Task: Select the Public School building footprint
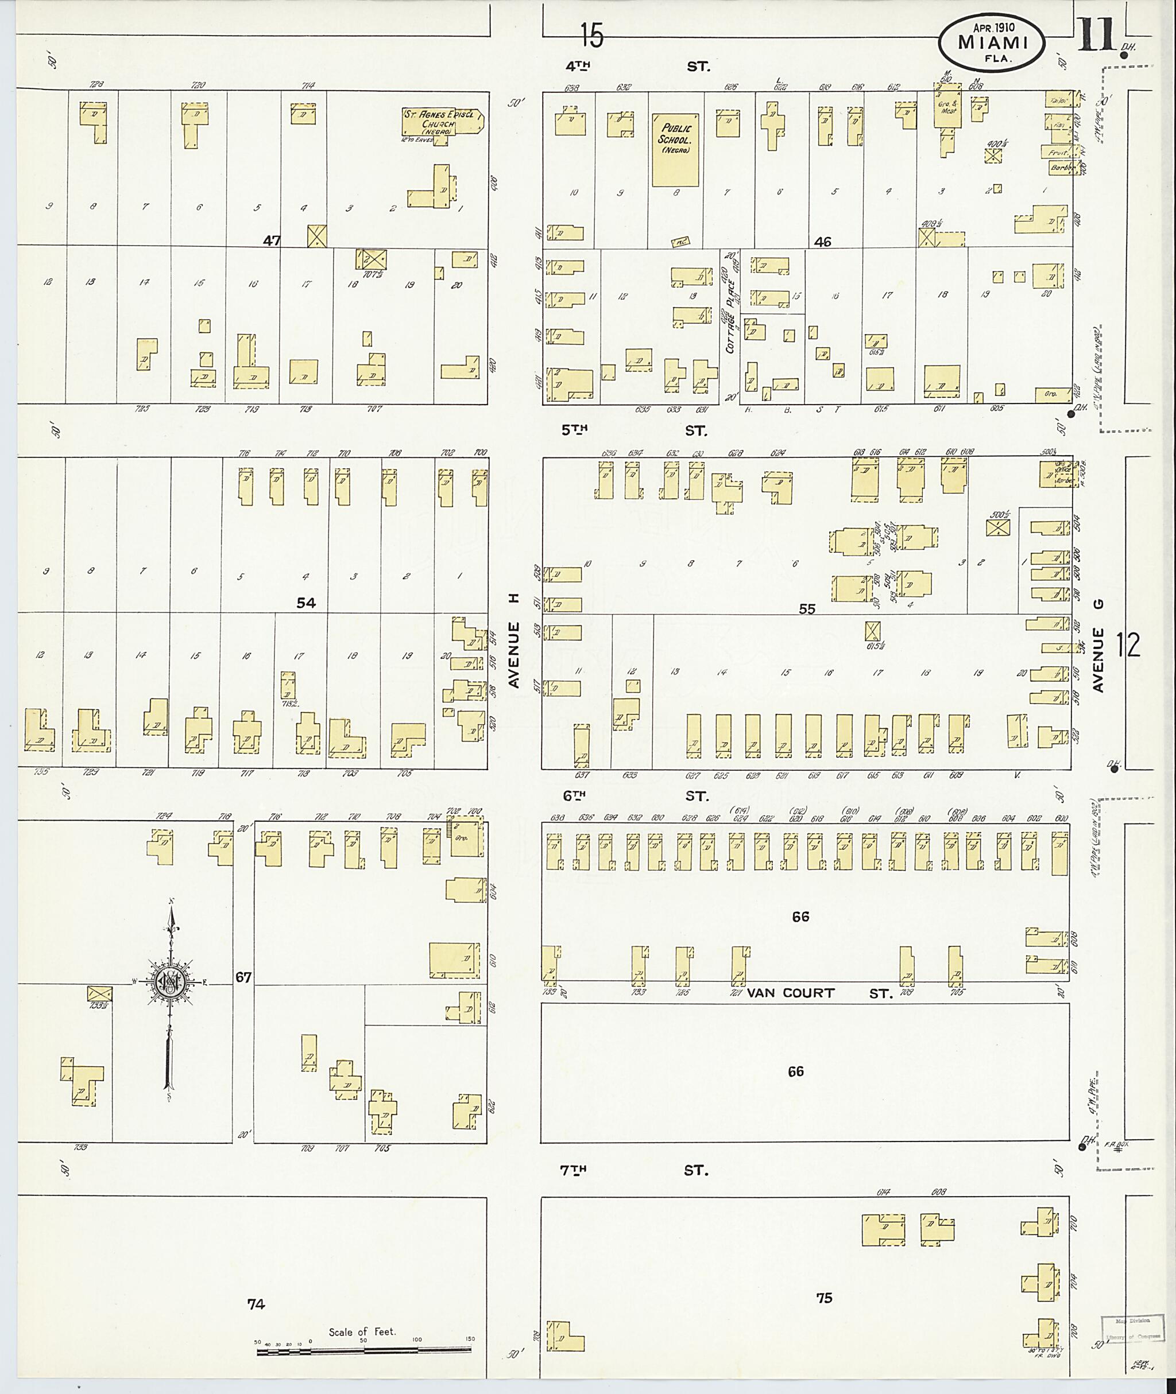click(675, 149)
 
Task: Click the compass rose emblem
click(171, 981)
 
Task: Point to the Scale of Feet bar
click(363, 1352)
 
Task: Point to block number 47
click(272, 240)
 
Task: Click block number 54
click(306, 603)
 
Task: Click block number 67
click(243, 977)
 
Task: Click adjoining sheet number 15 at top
click(591, 34)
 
